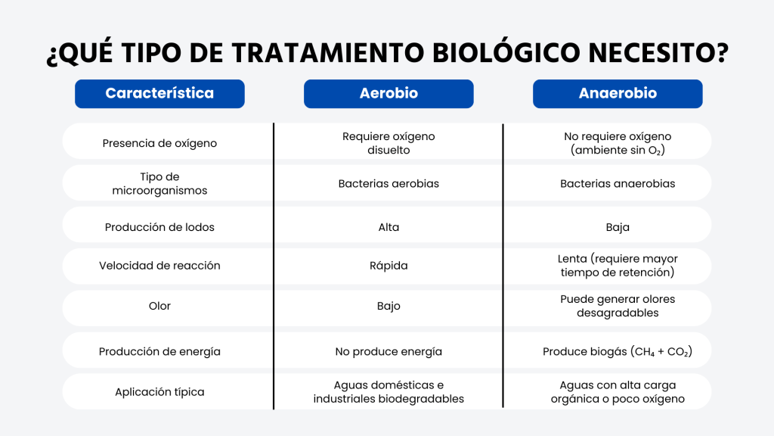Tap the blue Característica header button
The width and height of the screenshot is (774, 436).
pos(159,93)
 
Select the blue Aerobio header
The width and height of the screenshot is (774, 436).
pos(389,93)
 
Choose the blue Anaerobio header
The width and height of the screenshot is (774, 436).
pos(618,93)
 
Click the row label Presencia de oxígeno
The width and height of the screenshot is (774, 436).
pos(159,143)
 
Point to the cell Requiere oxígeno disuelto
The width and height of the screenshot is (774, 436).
pos(389,143)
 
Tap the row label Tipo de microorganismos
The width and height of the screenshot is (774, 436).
pos(159,183)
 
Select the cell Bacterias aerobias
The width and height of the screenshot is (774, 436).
pos(389,184)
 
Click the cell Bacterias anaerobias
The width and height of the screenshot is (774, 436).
pos(618,184)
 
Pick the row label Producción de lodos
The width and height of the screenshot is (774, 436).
pos(159,227)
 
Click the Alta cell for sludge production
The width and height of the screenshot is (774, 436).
pos(389,227)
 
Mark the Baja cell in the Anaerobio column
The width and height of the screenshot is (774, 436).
pos(618,227)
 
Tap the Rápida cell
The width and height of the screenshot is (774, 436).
pos(389,266)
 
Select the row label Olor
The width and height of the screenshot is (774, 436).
pos(159,306)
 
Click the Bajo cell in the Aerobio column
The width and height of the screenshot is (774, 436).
pos(389,307)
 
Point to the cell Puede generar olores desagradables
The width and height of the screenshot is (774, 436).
pos(618,306)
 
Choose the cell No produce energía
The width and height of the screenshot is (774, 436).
pos(389,352)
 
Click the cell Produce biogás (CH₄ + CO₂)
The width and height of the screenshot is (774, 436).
pos(618,352)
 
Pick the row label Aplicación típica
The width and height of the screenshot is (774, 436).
pos(159,392)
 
